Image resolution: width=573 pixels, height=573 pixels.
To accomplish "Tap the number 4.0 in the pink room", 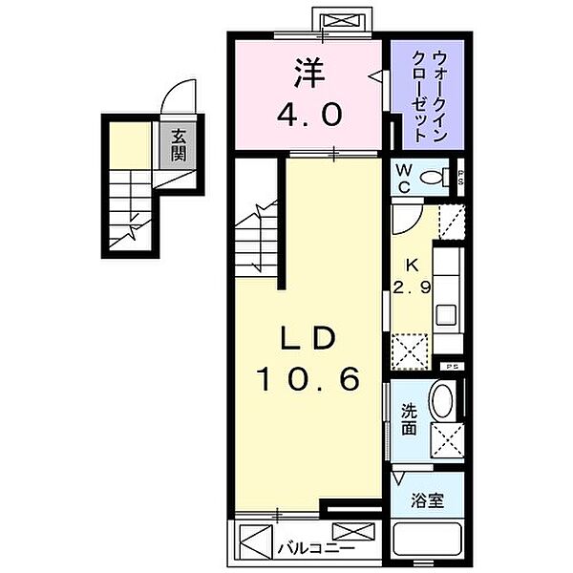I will [x=308, y=116].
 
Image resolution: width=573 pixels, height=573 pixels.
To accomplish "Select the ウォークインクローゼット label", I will [x=425, y=94].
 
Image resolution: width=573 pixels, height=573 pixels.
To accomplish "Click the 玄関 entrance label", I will [x=179, y=144].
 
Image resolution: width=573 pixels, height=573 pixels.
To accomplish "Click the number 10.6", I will [x=308, y=380].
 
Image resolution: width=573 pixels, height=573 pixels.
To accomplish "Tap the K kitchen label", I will [x=410, y=266].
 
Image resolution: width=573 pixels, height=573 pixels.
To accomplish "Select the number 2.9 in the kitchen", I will [x=410, y=286].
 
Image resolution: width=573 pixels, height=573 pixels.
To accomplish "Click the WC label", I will [x=405, y=177].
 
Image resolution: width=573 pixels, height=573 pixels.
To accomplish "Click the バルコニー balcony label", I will [x=303, y=548].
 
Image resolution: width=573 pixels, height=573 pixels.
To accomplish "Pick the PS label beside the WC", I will [x=460, y=177].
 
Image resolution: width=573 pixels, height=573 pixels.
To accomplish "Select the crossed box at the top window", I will [x=338, y=20].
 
